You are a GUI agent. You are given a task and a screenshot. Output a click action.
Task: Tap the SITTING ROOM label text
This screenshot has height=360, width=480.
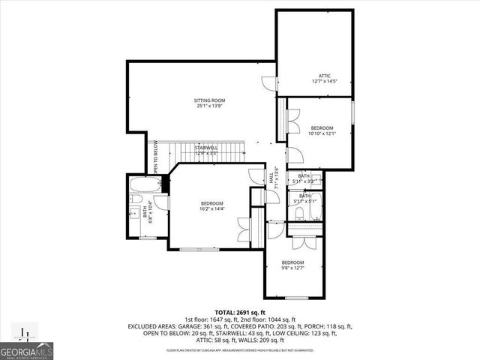point(210,100)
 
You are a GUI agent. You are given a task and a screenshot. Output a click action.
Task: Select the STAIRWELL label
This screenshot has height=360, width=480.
point(206,148)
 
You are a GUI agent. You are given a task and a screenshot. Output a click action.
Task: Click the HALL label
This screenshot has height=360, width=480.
point(271,178)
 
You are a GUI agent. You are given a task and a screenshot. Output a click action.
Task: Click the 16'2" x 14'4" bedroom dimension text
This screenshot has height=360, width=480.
point(211,209)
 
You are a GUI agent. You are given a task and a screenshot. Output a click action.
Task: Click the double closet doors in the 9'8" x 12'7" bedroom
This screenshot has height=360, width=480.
point(305,242)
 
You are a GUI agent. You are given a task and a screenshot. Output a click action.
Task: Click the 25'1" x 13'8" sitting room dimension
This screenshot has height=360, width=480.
point(210,106)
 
